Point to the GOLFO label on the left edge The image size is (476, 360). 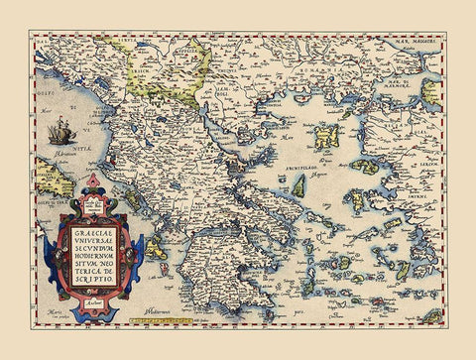(x=45, y=93)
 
